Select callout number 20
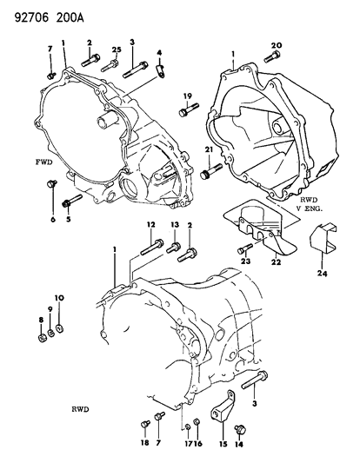(277, 45)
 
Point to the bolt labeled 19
(185, 111)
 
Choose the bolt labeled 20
(270, 59)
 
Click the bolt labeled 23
(243, 250)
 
